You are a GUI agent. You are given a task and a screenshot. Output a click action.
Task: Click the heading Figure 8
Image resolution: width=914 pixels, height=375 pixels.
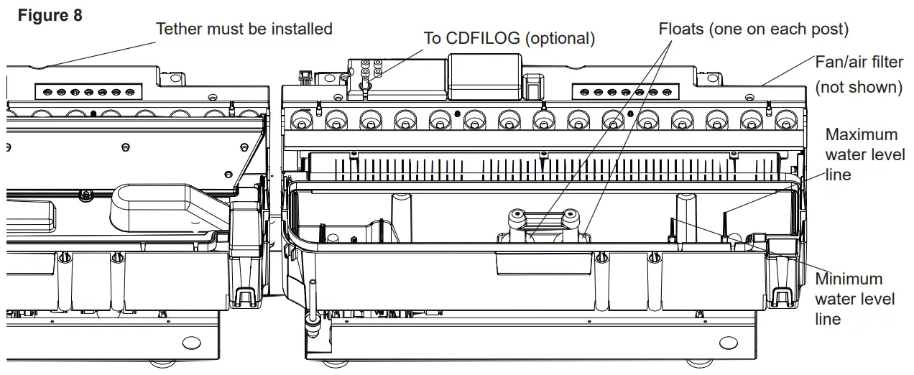tap(50, 15)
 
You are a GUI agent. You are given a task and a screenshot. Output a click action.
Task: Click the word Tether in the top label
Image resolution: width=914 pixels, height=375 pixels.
tap(179, 29)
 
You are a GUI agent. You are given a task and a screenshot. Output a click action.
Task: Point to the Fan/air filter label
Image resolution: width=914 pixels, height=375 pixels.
tap(859, 62)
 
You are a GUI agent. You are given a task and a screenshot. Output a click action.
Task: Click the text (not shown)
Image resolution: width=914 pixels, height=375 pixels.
tap(859, 87)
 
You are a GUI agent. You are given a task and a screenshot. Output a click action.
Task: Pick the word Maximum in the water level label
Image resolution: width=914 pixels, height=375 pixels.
tap(862, 134)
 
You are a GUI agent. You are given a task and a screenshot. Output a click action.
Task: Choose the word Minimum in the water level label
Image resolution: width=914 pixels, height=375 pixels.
tap(849, 279)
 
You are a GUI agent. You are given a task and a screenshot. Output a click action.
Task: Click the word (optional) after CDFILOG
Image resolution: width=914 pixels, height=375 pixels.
tap(560, 39)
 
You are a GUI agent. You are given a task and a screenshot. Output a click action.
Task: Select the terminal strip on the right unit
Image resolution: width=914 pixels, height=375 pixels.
tap(625, 92)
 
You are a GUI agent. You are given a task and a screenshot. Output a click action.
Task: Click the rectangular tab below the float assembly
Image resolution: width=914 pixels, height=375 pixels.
tap(543, 264)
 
